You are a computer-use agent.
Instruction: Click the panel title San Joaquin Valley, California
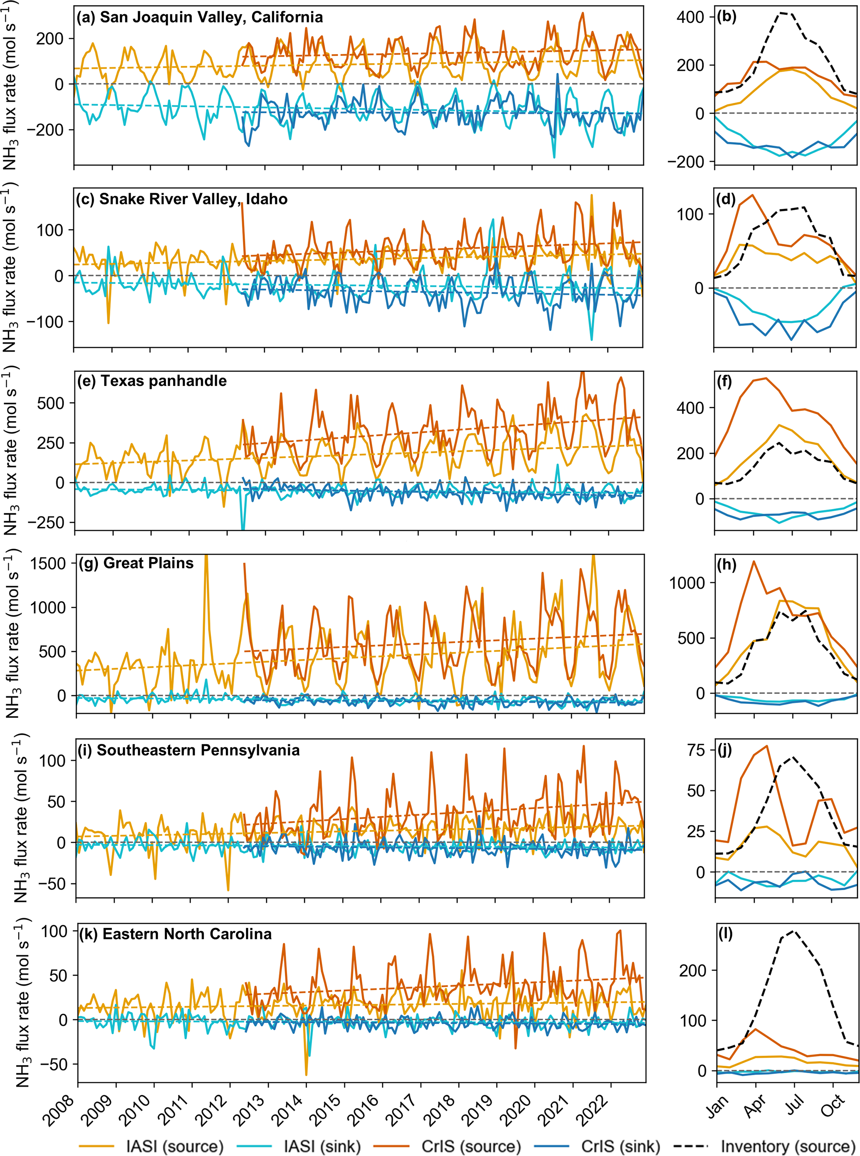tap(199, 17)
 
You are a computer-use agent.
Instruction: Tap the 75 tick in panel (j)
tap(696, 751)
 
